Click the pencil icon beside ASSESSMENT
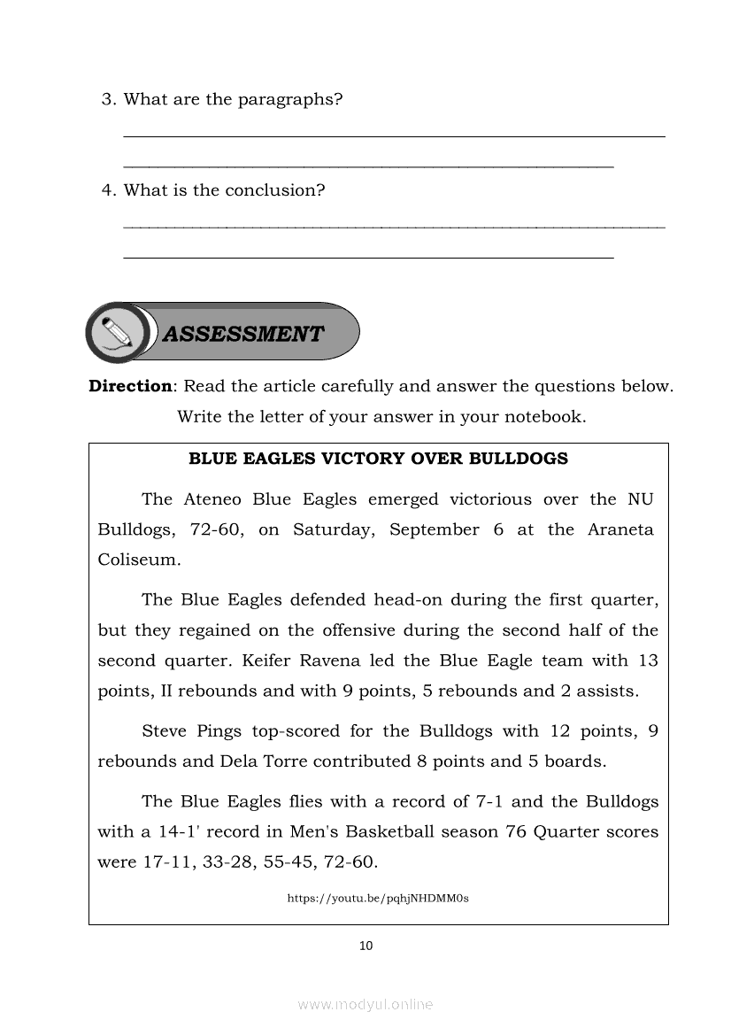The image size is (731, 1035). pyautogui.click(x=118, y=332)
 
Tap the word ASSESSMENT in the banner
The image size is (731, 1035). pyautogui.click(x=243, y=334)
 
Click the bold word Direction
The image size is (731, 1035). pyautogui.click(x=129, y=386)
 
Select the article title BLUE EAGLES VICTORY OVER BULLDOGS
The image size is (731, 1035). pyautogui.click(x=379, y=459)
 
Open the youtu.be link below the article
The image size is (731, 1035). pyautogui.click(x=378, y=898)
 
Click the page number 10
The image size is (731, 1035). pyautogui.click(x=366, y=946)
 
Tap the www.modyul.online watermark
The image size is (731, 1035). pyautogui.click(x=365, y=1004)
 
